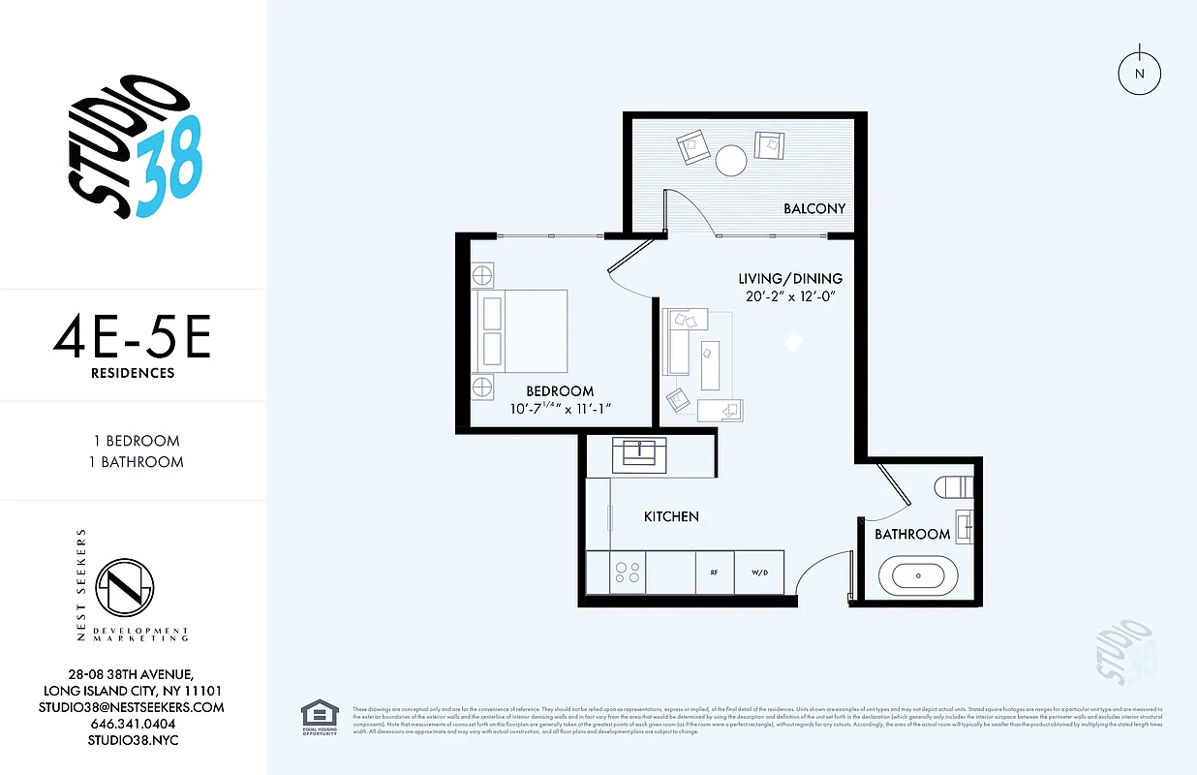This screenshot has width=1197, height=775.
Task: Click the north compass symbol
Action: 1140,74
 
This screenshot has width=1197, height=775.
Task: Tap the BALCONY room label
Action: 814,208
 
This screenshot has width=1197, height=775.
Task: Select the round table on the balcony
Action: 731,160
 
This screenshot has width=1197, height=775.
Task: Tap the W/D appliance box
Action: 758,573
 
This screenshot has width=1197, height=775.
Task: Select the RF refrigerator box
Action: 715,573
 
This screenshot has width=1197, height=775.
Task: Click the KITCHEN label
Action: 671,517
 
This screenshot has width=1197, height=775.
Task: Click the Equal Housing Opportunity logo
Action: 320,718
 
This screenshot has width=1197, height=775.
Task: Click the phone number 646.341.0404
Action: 133,724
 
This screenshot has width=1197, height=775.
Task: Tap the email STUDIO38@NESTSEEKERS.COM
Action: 133,707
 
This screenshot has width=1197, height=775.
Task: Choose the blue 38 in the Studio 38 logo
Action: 169,166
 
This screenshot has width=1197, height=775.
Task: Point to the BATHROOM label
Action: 912,535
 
